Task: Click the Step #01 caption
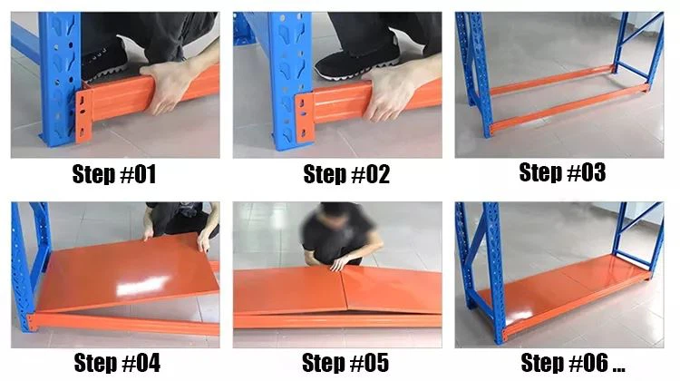[x=114, y=174]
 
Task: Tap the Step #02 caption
[x=346, y=174]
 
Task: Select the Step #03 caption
[x=562, y=172]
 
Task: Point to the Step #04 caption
[x=117, y=363]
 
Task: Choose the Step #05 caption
[x=345, y=363]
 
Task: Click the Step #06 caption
[x=573, y=363]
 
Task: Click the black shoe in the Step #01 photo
[x=104, y=61]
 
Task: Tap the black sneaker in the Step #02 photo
[x=356, y=59]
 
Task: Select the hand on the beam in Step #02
[x=390, y=93]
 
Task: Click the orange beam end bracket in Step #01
[x=83, y=116]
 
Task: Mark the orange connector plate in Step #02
[x=305, y=117]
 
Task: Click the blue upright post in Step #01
[x=60, y=78]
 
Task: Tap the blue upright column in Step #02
[x=290, y=80]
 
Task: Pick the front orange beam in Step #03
[x=568, y=108]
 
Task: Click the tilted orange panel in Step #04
[x=128, y=272]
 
